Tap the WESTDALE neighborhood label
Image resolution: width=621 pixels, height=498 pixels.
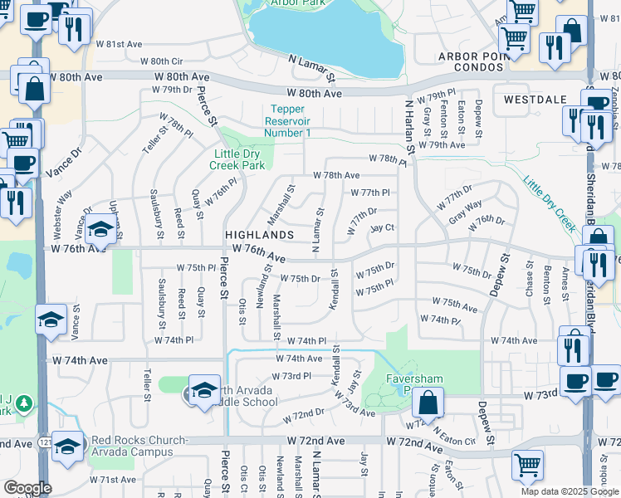pos(535,99)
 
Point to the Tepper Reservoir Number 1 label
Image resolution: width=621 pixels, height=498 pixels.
pos(288,121)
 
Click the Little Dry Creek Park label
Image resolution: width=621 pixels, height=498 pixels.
pos(239,159)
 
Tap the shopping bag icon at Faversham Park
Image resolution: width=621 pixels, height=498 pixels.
pos(427,403)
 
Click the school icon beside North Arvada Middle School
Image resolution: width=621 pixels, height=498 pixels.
pos(204,389)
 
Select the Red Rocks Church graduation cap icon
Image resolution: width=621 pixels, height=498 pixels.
pos(67,446)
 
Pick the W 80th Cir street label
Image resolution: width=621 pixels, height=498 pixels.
pos(161,61)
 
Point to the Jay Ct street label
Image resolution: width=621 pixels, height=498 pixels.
pos(381,228)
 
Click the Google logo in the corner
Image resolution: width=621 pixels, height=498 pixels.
pos(27,488)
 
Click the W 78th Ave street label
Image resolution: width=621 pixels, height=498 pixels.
pos(336,175)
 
